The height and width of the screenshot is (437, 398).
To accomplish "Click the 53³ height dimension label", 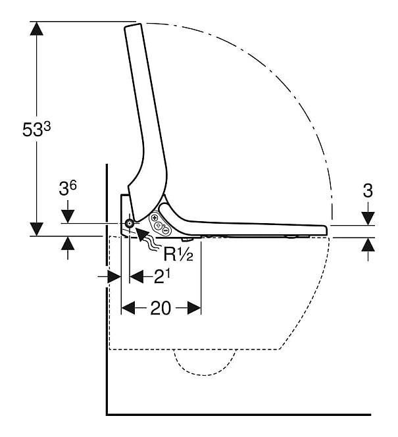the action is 36,130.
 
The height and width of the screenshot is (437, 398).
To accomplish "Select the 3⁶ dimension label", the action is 68,188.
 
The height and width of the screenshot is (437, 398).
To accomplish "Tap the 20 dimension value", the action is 161,309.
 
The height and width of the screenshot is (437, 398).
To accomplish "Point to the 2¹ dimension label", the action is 162,277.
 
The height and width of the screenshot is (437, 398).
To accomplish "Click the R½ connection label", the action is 178,254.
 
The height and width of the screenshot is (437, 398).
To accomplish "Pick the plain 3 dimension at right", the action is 368,191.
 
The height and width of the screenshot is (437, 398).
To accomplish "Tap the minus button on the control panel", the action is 165,230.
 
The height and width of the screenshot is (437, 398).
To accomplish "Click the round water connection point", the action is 129,223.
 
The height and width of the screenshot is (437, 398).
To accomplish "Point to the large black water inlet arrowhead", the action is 142,233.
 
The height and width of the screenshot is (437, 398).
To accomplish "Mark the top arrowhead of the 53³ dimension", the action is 36,28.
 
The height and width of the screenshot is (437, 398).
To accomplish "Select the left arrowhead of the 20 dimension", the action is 128,308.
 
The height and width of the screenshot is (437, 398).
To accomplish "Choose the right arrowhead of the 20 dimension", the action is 194,308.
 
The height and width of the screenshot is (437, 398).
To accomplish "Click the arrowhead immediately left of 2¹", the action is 136,276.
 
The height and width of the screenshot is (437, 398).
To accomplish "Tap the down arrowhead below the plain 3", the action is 368,218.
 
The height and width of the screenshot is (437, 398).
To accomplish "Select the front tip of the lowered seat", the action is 326,230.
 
